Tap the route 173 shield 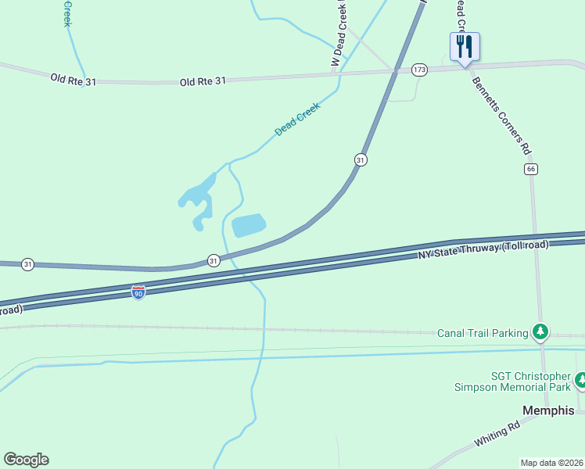[420, 70]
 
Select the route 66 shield [531, 169]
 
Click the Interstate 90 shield [138, 292]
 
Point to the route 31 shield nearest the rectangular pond [213, 260]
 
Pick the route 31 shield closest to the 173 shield [360, 159]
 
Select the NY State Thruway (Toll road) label [483, 250]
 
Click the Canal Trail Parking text [483, 333]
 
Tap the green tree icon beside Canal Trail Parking [540, 332]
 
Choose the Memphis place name [548, 410]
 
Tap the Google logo [26, 460]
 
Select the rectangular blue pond [249, 226]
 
